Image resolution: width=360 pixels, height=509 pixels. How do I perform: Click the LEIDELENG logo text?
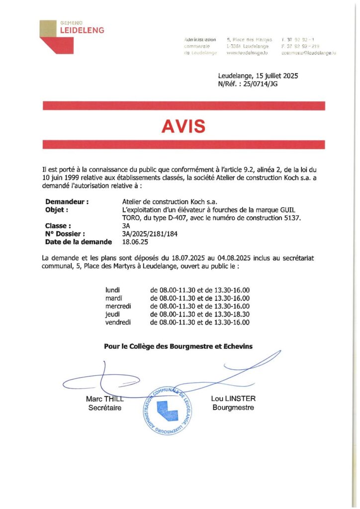point(82,30)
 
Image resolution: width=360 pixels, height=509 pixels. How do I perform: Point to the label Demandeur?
point(67,202)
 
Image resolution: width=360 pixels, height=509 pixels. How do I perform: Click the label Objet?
point(56,210)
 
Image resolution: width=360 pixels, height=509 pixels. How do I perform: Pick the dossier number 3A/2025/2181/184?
point(150,234)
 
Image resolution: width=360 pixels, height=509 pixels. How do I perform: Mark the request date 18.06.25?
point(135,242)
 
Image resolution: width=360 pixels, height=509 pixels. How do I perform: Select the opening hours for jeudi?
point(199,315)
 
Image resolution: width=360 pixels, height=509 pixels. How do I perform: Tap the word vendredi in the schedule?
point(118,323)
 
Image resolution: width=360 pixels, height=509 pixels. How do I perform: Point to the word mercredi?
point(118,306)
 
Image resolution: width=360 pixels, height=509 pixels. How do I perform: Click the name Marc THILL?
point(104,399)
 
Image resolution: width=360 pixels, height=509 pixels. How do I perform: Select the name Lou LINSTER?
point(233,399)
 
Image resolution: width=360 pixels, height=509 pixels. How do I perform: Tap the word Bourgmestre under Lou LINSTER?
point(233,408)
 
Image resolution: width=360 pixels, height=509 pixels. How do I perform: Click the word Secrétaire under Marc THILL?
point(104,408)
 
